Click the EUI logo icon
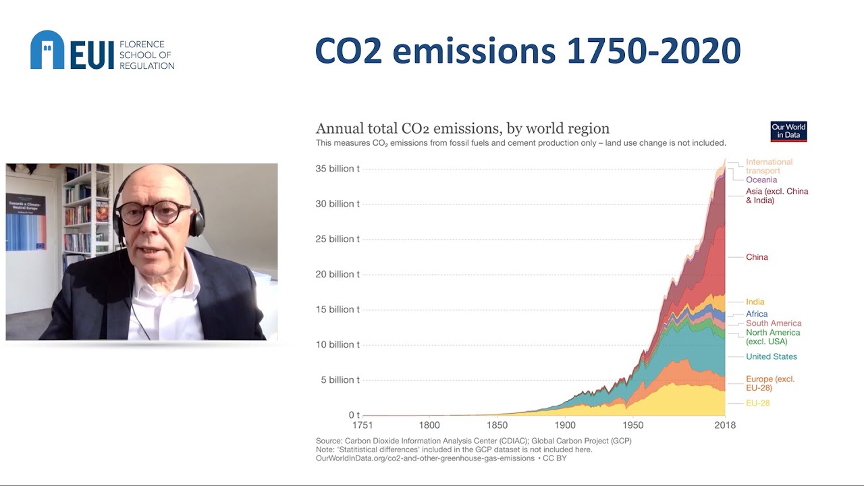pos(47,50)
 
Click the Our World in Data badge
pos(788,131)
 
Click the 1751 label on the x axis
pos(363,425)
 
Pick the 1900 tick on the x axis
pos(565,425)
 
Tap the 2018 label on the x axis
pos(725,425)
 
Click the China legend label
pos(757,257)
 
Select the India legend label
pos(755,302)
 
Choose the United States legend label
pos(771,356)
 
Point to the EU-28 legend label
pos(757,403)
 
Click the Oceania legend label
pos(761,180)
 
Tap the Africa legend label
pos(757,314)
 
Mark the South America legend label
pos(773,323)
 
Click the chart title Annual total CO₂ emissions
pos(462,128)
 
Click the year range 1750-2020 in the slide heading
pos(653,51)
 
